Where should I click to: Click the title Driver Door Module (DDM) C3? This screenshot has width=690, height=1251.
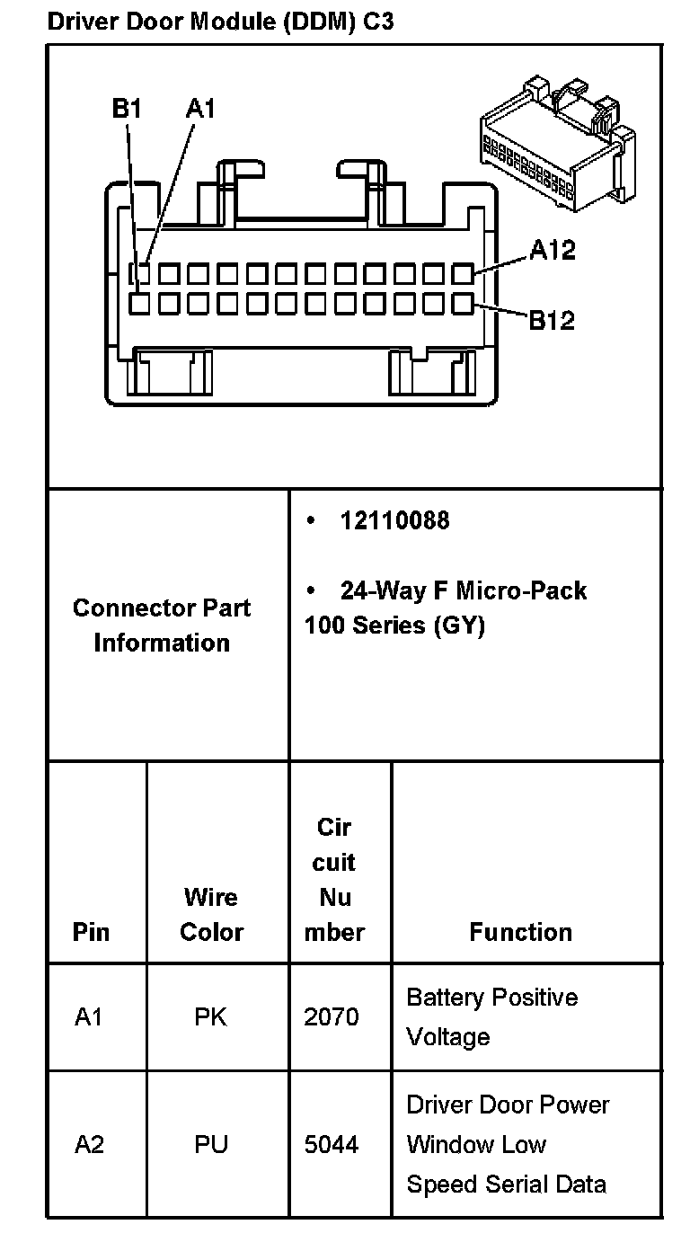point(220,22)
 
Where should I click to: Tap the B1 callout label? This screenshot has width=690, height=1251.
point(127,109)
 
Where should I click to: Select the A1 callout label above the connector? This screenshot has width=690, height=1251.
point(200,109)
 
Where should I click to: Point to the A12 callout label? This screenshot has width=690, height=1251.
point(552,250)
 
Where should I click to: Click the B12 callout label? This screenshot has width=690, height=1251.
point(551,320)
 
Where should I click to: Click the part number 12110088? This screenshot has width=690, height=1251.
point(394,520)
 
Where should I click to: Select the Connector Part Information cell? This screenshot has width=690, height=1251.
point(162,625)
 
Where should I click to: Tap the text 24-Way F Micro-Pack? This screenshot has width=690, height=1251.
point(463,590)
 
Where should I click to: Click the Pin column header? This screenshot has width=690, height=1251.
point(92,932)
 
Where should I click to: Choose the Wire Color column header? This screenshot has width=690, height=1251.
point(212,914)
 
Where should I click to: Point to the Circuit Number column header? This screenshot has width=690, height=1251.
point(334,879)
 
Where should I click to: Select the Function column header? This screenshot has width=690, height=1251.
point(520,932)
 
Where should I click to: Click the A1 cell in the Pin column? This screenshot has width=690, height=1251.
point(89,1016)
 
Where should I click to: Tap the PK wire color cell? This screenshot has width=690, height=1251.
point(211,1016)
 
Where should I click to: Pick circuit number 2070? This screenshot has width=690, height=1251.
point(332,1016)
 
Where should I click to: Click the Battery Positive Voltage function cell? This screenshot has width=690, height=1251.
point(491,1016)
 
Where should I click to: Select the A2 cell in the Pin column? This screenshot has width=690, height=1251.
point(89,1144)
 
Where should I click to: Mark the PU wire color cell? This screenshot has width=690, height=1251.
point(211,1144)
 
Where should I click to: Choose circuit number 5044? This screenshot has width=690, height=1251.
point(332,1144)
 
